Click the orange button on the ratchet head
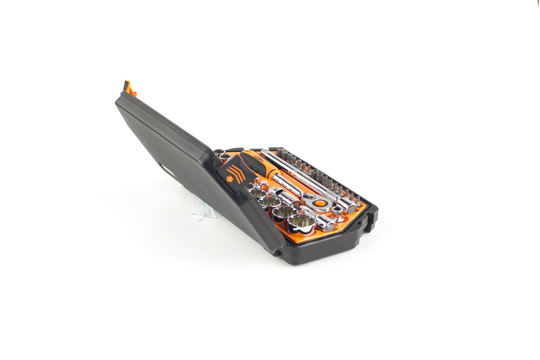[x=320, y=203]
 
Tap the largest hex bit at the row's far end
[x=280, y=152]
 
